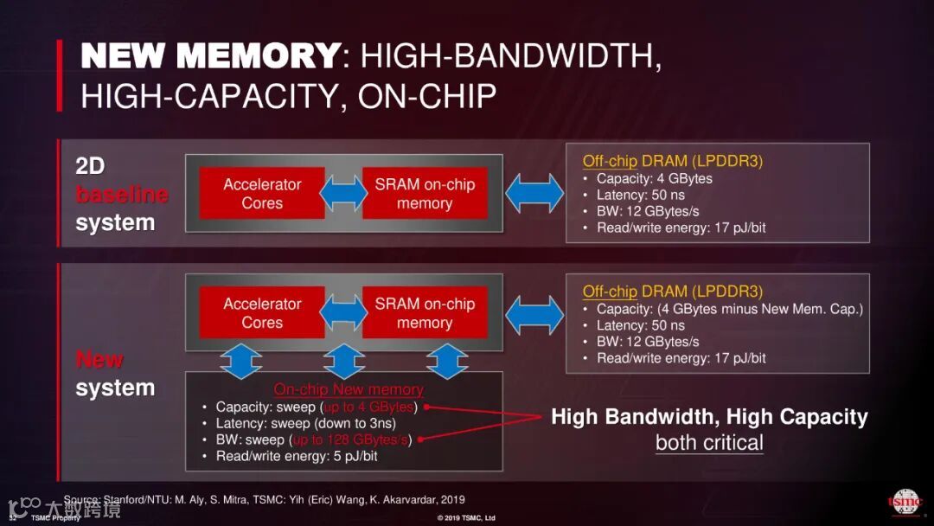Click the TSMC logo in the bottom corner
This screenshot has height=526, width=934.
click(905, 502)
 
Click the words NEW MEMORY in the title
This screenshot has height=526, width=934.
click(209, 56)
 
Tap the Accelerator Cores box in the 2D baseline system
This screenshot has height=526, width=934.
click(262, 194)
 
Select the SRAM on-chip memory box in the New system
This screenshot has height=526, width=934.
click(425, 313)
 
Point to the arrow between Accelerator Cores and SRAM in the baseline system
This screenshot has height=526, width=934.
click(343, 194)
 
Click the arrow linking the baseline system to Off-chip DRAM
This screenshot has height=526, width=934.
click(534, 193)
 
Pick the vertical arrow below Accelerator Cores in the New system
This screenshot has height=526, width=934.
click(241, 360)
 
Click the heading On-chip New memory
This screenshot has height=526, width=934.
click(349, 389)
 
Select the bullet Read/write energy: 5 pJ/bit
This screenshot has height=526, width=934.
click(297, 456)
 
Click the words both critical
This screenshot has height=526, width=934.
click(709, 443)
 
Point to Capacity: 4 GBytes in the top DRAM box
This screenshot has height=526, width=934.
click(654, 178)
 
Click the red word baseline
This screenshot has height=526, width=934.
click(121, 195)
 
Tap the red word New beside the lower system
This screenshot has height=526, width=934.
click(99, 359)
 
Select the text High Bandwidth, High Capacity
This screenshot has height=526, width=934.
click(709, 417)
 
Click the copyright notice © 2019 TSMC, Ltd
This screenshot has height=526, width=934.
click(466, 517)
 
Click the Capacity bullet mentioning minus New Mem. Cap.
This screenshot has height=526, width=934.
click(729, 309)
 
